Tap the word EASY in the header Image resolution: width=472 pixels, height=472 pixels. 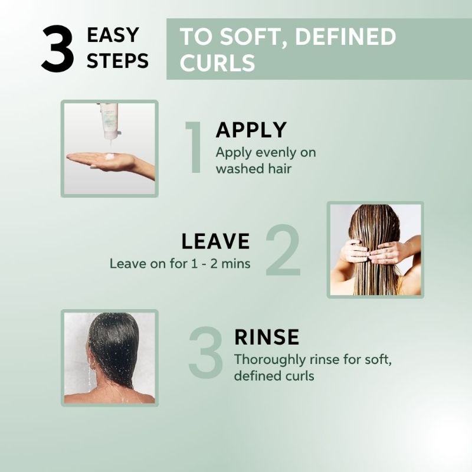coord(113,35)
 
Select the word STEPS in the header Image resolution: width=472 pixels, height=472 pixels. coord(117,61)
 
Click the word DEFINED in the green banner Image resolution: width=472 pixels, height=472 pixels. coord(346,37)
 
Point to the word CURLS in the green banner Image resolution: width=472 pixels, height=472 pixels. coord(217,63)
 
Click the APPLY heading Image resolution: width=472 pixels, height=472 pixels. coord(251,130)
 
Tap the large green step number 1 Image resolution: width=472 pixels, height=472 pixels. coord(194,147)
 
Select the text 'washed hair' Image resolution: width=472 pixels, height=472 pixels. coord(254,168)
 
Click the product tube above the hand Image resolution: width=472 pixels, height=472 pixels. coord(109,122)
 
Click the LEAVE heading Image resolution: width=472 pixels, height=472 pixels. coord(215,241)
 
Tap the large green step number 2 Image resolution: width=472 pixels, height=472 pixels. coord(283,250)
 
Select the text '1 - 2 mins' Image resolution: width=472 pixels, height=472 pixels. coord(221,264)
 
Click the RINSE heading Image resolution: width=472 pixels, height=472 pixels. coord(267,337)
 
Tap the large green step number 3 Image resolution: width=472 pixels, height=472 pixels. coord(205,353)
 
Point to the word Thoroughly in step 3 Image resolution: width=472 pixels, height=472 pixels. coord(270,360)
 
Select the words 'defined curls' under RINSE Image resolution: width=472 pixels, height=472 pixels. coord(274,376)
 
